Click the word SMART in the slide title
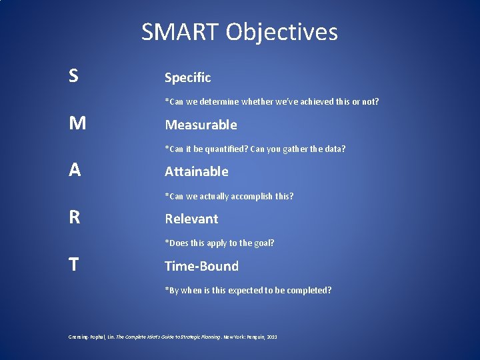point(180,32)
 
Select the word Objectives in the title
point(281,32)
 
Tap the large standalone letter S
point(73,76)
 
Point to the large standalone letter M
point(77,123)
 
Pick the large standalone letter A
point(75,170)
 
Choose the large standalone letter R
point(74,217)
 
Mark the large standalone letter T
point(73,265)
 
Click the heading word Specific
point(188,78)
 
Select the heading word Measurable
point(201,125)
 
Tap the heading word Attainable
point(197,171)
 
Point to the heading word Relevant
point(191,219)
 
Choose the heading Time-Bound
point(201,266)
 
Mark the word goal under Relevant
point(262,243)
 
